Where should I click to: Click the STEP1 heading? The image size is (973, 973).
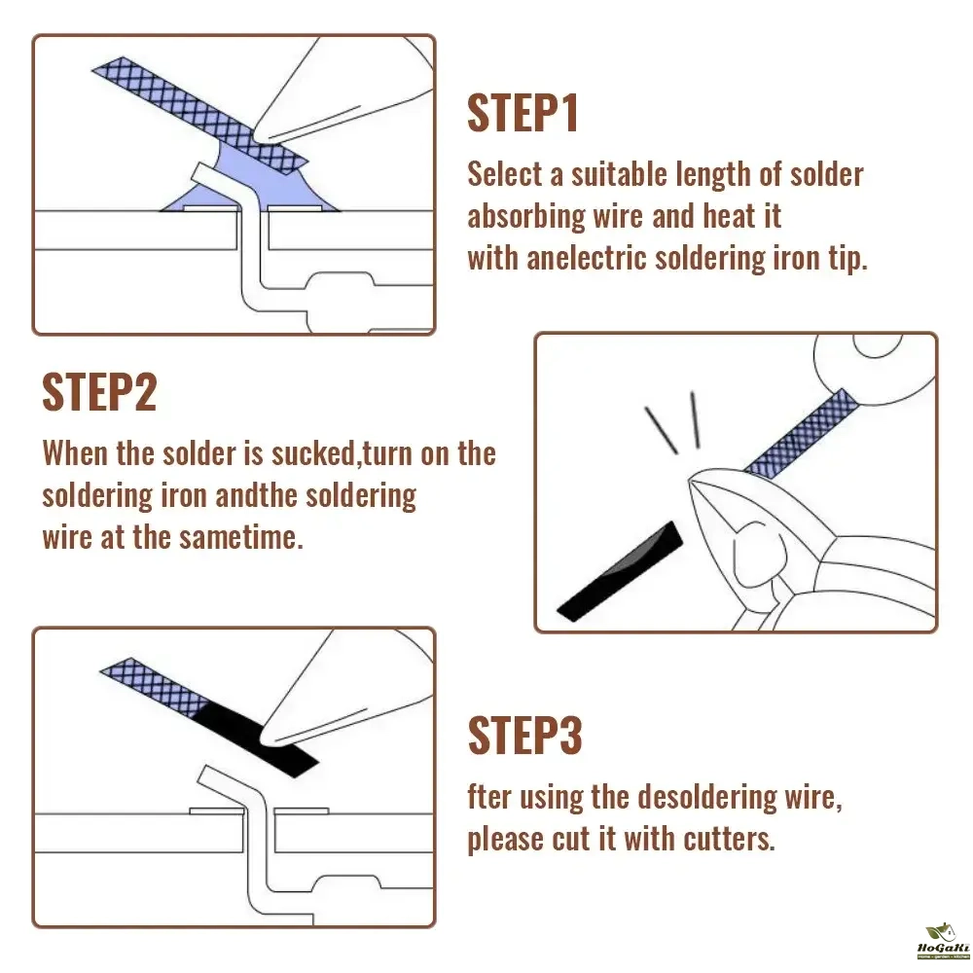point(523,113)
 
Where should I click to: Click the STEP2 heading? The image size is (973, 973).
point(99,392)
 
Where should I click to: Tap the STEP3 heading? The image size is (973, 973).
point(525,736)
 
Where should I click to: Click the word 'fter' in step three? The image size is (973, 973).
point(489,797)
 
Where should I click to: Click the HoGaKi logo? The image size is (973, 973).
point(943,941)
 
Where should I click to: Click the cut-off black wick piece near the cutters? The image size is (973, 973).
point(619,571)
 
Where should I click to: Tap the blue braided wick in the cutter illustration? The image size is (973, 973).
point(802,433)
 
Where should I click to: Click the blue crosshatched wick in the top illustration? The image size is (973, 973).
point(199,115)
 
